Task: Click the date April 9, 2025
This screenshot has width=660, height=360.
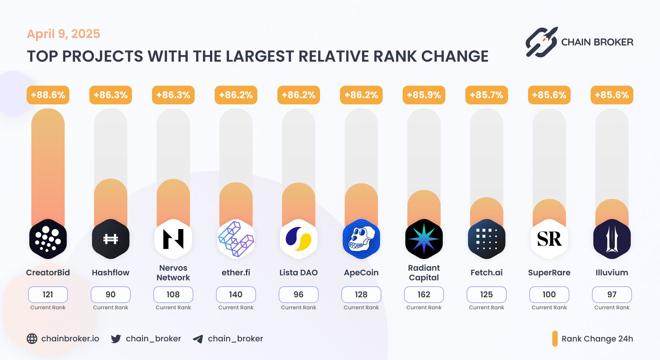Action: pyautogui.click(x=63, y=34)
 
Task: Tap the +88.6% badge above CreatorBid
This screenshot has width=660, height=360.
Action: pyautogui.click(x=48, y=95)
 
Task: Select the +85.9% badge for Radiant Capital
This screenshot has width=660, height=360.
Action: pyautogui.click(x=424, y=95)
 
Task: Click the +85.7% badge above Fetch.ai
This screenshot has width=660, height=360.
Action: pyautogui.click(x=486, y=95)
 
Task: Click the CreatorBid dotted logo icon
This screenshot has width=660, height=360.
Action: pyautogui.click(x=48, y=239)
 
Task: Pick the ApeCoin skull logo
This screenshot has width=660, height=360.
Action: pyautogui.click(x=361, y=239)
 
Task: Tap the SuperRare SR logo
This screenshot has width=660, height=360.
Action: pyautogui.click(x=549, y=239)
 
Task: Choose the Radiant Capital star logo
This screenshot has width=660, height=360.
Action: pyautogui.click(x=424, y=239)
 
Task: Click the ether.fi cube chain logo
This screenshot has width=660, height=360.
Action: pyautogui.click(x=236, y=239)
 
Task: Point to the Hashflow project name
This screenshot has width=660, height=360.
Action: pyautogui.click(x=110, y=273)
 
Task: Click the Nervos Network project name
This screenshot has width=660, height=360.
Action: pyautogui.click(x=173, y=273)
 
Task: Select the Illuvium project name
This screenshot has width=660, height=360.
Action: pyautogui.click(x=612, y=273)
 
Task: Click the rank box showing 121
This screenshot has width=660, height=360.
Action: pyautogui.click(x=48, y=295)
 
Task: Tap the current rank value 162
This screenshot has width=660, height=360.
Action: pyautogui.click(x=424, y=295)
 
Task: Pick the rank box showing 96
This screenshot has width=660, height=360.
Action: pyautogui.click(x=298, y=295)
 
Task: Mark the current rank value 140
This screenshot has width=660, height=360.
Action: pyautogui.click(x=236, y=295)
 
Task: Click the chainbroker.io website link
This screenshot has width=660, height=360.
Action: pyautogui.click(x=70, y=339)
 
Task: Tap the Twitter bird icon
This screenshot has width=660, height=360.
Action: pyautogui.click(x=116, y=339)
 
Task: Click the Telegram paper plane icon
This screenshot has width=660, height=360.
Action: pyautogui.click(x=198, y=339)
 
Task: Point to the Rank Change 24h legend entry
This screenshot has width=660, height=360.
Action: pyautogui.click(x=597, y=339)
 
